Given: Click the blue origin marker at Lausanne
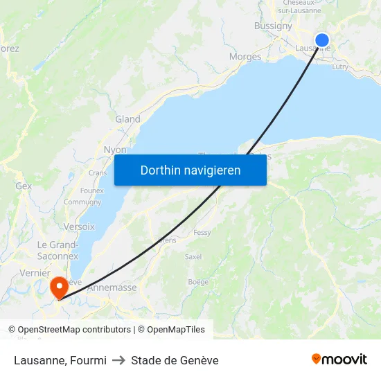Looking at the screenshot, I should point(322,40).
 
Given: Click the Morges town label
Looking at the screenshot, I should point(245,57).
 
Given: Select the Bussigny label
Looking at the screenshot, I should point(273,26).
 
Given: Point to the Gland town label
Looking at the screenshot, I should point(127,119).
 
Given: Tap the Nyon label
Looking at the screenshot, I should point(115,150).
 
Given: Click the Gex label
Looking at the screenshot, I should point(24,186).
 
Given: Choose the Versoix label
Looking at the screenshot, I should point(78,227).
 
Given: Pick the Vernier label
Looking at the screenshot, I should point(35,273).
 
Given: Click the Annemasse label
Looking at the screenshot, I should point(112,287).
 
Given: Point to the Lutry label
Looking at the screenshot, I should point(340,67).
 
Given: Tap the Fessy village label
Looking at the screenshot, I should point(202,233).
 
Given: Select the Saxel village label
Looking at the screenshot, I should point(193,256).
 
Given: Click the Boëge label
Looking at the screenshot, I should point(198,282).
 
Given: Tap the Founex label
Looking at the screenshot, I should point(91,190).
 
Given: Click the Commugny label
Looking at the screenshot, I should point(82,202).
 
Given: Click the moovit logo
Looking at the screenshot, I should point(339,360).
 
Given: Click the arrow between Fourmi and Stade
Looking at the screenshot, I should point(118,360).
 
